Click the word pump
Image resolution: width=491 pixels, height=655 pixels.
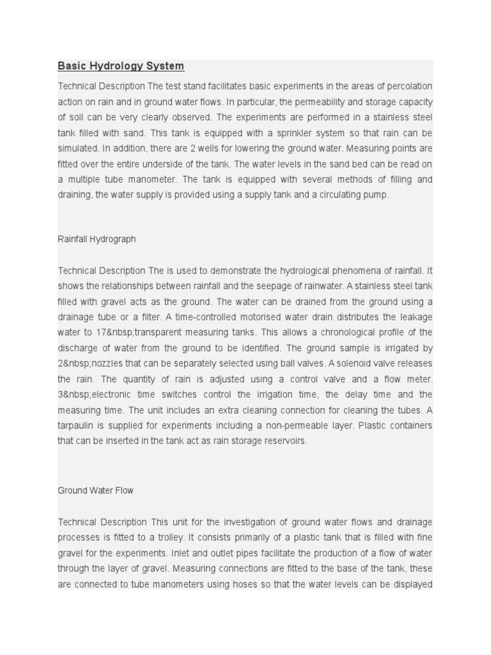377,195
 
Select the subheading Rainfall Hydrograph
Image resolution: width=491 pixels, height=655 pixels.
97,239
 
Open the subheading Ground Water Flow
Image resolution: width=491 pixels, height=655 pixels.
96,491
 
